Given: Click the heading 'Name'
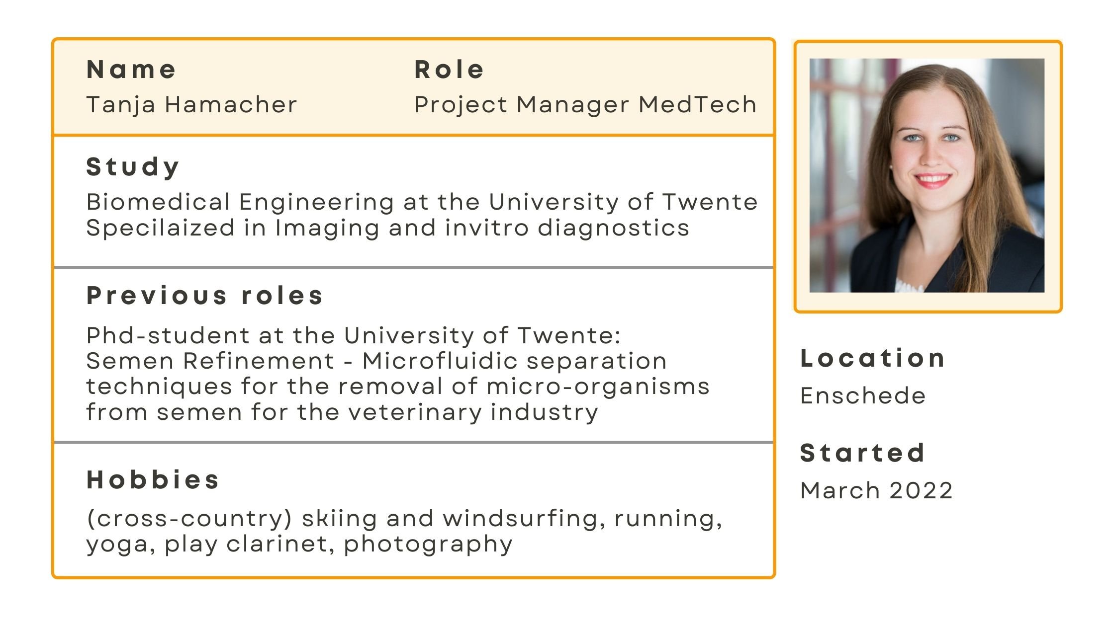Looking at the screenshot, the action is click(131, 70).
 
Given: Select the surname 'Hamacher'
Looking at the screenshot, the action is click(231, 104).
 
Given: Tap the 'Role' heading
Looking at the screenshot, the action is click(449, 70).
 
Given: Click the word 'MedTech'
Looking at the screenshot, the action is click(697, 104).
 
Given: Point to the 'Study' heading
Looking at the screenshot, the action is click(133, 167).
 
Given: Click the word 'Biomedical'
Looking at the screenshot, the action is click(158, 202).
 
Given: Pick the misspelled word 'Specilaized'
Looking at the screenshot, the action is click(161, 228).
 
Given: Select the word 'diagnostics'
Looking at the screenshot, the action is click(614, 228).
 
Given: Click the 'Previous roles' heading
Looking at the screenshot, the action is click(205, 296).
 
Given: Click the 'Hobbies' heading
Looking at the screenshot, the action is click(153, 480).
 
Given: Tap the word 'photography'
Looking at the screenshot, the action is click(428, 545).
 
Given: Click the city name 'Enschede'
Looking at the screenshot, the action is click(863, 396).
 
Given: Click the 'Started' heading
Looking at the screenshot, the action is click(862, 453).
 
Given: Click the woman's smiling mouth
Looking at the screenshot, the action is click(932, 180).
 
